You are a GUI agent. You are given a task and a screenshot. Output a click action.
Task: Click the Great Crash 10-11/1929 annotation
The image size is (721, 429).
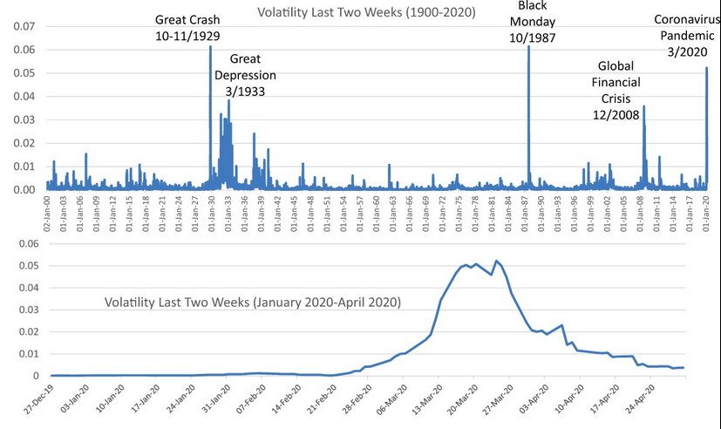point(187,27)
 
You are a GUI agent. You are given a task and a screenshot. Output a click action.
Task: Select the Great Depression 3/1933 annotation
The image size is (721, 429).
point(246,75)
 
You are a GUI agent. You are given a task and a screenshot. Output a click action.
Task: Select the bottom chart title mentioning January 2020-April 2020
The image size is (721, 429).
point(252,303)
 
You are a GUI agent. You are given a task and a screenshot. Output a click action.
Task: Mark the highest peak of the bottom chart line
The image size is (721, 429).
point(496,261)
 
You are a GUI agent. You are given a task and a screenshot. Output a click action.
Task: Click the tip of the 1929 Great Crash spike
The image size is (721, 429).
point(210,47)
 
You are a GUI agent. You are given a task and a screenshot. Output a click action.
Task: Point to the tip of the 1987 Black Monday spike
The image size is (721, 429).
point(529,47)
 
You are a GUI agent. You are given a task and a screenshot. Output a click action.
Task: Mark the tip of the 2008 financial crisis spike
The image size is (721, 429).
point(643,106)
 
